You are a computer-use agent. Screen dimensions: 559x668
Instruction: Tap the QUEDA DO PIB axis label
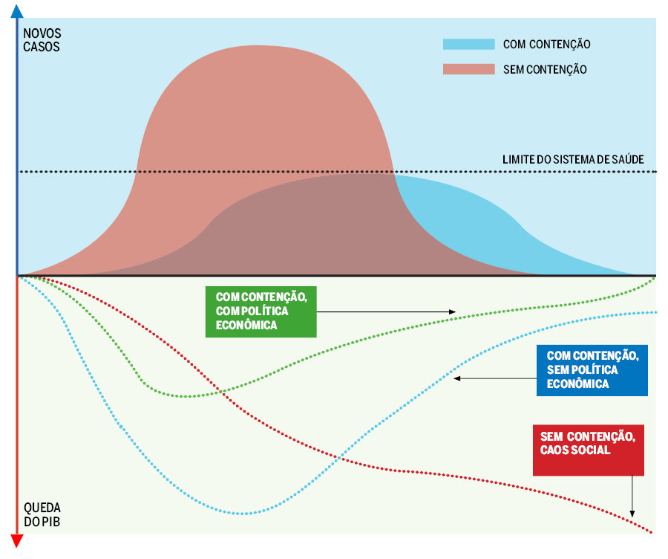[x=42, y=514]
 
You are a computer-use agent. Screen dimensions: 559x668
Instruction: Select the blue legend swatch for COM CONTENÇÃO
[x=468, y=44]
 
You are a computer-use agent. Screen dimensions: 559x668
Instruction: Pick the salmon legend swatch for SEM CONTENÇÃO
[x=468, y=69]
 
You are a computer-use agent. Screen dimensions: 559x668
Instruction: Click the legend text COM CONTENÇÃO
[x=546, y=45]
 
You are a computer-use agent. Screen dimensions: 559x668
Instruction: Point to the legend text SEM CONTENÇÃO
[x=545, y=69]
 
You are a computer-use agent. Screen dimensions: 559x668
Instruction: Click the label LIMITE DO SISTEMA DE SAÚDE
[x=573, y=160]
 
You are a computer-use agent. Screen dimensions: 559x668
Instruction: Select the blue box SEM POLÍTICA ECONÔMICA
[x=592, y=369]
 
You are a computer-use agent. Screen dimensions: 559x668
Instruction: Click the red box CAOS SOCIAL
[x=588, y=450]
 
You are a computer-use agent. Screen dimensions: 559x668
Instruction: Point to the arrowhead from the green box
[x=453, y=311]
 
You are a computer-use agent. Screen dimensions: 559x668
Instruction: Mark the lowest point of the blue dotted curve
[x=245, y=513]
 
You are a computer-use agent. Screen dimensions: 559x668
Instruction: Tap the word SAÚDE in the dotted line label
[x=626, y=160]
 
